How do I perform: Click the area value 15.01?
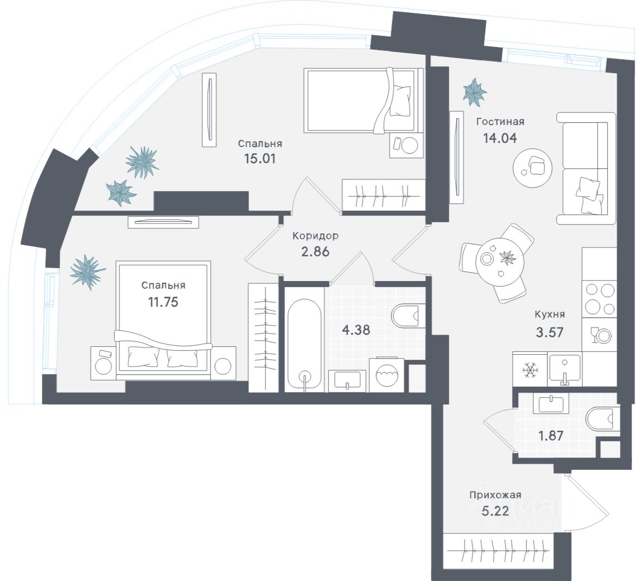(x=261, y=158)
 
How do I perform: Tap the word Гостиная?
(x=500, y=121)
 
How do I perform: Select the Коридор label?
(x=315, y=236)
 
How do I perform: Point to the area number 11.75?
(x=163, y=302)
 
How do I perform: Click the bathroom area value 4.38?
(x=356, y=330)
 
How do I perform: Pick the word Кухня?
(x=549, y=315)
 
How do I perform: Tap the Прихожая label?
(x=495, y=494)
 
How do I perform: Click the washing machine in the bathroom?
(x=386, y=374)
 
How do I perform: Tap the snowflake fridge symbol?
(x=529, y=369)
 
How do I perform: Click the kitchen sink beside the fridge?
(x=565, y=369)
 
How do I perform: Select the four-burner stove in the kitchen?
(x=599, y=298)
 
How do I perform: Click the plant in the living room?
(x=475, y=92)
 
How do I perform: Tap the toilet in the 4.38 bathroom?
(x=409, y=316)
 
